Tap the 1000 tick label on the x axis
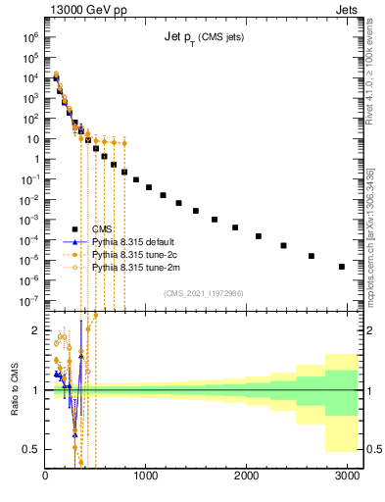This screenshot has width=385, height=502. click(145, 477)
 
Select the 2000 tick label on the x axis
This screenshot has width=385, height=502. click(246, 477)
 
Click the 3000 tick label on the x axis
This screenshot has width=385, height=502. click(346, 477)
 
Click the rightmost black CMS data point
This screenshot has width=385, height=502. click(341, 267)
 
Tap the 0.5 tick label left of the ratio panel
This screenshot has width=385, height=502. click(29, 449)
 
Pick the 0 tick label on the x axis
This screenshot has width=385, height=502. click(45, 477)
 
